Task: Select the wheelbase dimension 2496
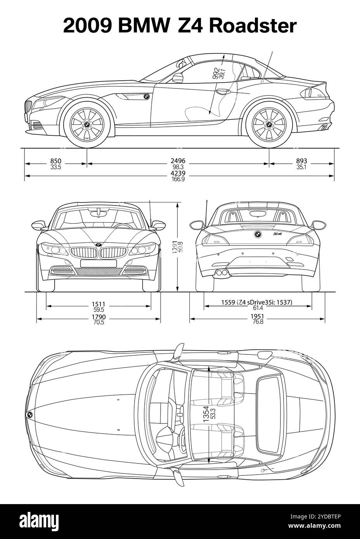tap(178, 161)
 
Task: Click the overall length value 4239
tap(178, 173)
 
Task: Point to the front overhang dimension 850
tap(56, 161)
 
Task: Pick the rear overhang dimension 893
tap(301, 161)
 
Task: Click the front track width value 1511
tap(99, 304)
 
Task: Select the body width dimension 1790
tap(99, 317)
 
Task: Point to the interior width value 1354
tap(206, 414)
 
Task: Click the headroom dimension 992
tap(215, 74)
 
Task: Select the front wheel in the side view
tap(87, 124)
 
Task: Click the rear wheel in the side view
tap(268, 124)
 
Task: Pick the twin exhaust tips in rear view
tap(222, 273)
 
